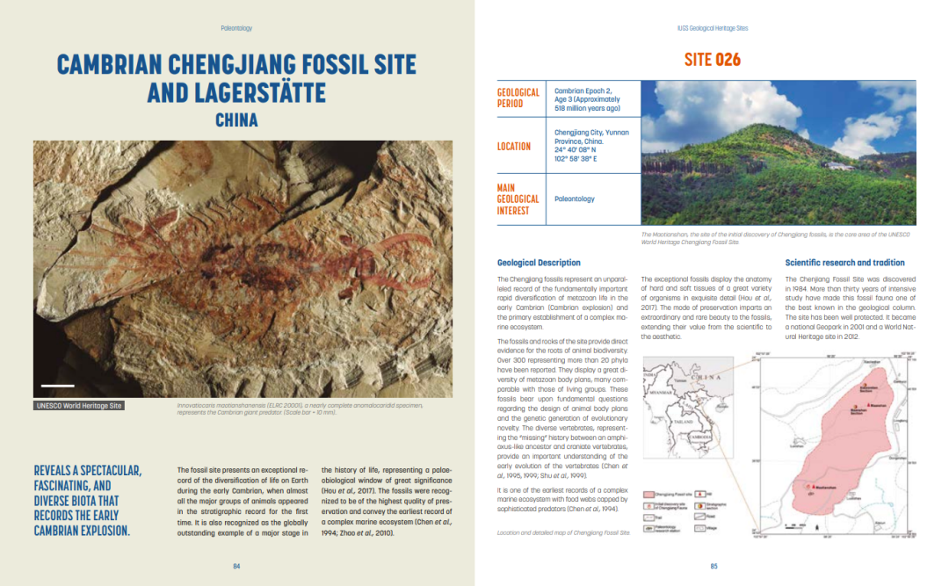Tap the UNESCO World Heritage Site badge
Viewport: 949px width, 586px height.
pyautogui.click(x=79, y=406)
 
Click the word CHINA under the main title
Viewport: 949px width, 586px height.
pyautogui.click(x=236, y=119)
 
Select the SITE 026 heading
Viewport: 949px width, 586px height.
pyautogui.click(x=713, y=60)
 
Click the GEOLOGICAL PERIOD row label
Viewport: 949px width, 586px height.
pyautogui.click(x=518, y=98)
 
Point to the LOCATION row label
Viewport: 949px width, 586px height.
pyautogui.click(x=514, y=147)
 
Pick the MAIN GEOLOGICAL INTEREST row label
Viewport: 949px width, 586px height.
pyautogui.click(x=518, y=199)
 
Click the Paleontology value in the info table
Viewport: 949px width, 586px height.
pyautogui.click(x=575, y=199)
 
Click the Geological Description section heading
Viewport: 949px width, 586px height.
pyautogui.click(x=539, y=263)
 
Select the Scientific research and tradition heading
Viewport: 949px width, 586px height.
pyautogui.click(x=844, y=263)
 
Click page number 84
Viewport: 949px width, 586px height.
pyautogui.click(x=236, y=567)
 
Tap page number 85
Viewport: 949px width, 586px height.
pyautogui.click(x=714, y=567)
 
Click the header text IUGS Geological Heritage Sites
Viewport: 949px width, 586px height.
pyautogui.click(x=713, y=28)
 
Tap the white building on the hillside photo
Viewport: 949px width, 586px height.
pyautogui.click(x=841, y=164)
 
